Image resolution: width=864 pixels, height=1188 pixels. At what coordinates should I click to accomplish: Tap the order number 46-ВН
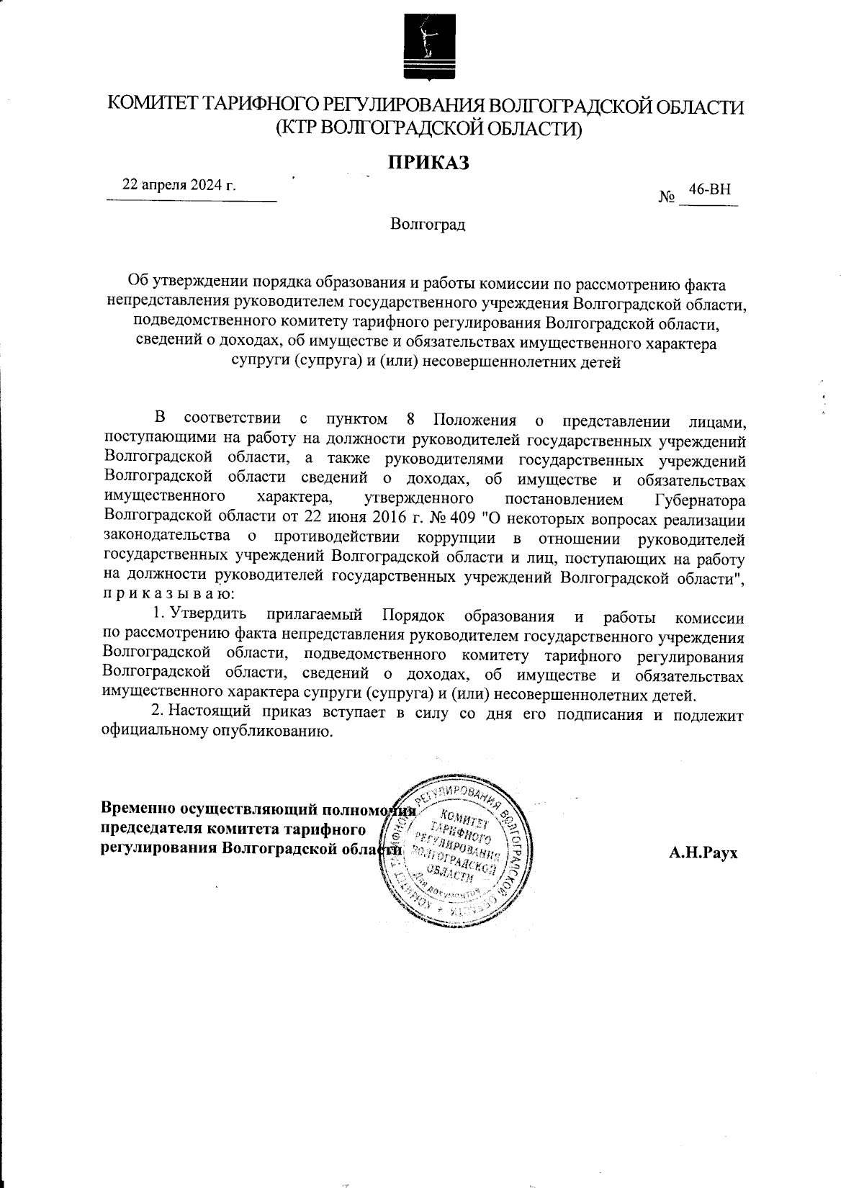click(x=709, y=189)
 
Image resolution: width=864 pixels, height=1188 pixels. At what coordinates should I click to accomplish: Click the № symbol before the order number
click(x=665, y=197)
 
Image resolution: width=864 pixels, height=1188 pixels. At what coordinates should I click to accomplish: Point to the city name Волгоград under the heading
click(x=428, y=225)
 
